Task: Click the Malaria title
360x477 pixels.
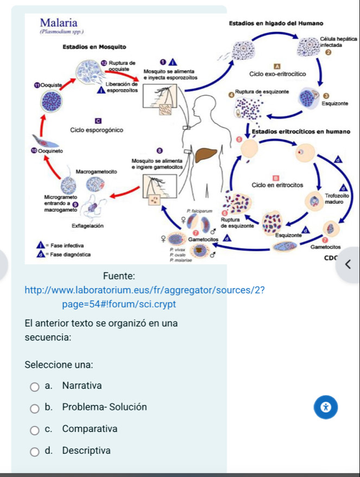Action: point(59,22)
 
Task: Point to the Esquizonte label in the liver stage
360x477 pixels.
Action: point(335,103)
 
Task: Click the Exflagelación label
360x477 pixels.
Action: point(89,225)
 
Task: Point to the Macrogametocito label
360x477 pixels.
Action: point(98,171)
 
